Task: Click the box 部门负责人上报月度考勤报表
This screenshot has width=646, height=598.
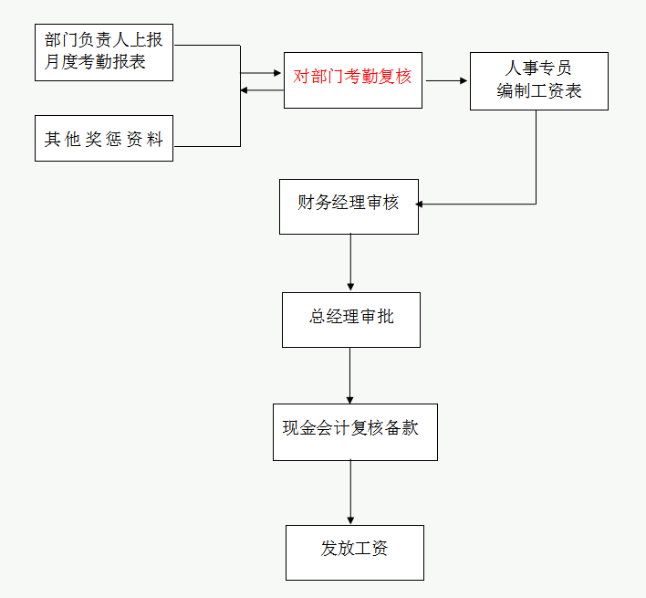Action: click(x=103, y=53)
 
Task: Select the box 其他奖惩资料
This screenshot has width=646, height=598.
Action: click(x=103, y=139)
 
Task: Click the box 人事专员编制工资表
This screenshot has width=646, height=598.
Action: click(x=538, y=80)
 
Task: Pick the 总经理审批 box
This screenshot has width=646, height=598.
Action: click(x=350, y=319)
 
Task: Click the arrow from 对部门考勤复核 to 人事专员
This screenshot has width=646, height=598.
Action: click(x=445, y=80)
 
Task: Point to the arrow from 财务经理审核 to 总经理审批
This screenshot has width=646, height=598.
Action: click(x=350, y=262)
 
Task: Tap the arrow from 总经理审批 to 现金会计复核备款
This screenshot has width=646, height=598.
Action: click(x=350, y=374)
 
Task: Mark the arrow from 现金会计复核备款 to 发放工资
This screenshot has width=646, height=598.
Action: click(x=350, y=491)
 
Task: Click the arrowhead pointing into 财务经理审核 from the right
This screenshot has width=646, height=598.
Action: click(x=423, y=204)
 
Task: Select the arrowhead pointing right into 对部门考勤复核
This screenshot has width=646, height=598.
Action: click(x=277, y=72)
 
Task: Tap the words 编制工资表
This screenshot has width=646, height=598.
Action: click(x=538, y=90)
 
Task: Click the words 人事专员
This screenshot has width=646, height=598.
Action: click(x=538, y=69)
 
